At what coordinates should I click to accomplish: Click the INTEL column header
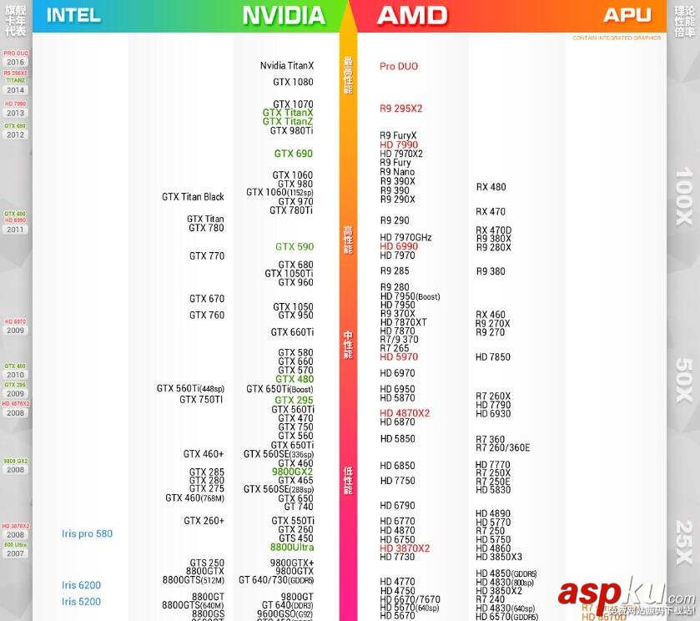point(73,15)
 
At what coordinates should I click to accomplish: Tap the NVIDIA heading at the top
point(284,15)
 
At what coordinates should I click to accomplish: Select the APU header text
point(627,15)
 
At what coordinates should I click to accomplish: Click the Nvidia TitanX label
point(286,66)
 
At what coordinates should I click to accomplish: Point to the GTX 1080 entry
point(293,83)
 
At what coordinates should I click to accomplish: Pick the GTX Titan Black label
point(193,197)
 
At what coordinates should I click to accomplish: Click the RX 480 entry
point(491,187)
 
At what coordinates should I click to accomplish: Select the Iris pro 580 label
point(87,534)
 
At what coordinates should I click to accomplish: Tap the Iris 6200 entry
point(81,586)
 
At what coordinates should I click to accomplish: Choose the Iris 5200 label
point(81,602)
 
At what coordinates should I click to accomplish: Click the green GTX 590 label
point(295,247)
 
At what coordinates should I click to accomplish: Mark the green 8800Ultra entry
point(291,548)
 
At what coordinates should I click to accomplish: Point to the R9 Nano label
point(397,172)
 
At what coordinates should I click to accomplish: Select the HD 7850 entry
point(492,357)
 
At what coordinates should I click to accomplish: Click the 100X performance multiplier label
point(683,197)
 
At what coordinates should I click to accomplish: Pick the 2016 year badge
point(15,63)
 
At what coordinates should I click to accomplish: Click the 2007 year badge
point(15,553)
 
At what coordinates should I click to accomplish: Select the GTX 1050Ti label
point(289,274)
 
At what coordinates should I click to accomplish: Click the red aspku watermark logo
point(615,593)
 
